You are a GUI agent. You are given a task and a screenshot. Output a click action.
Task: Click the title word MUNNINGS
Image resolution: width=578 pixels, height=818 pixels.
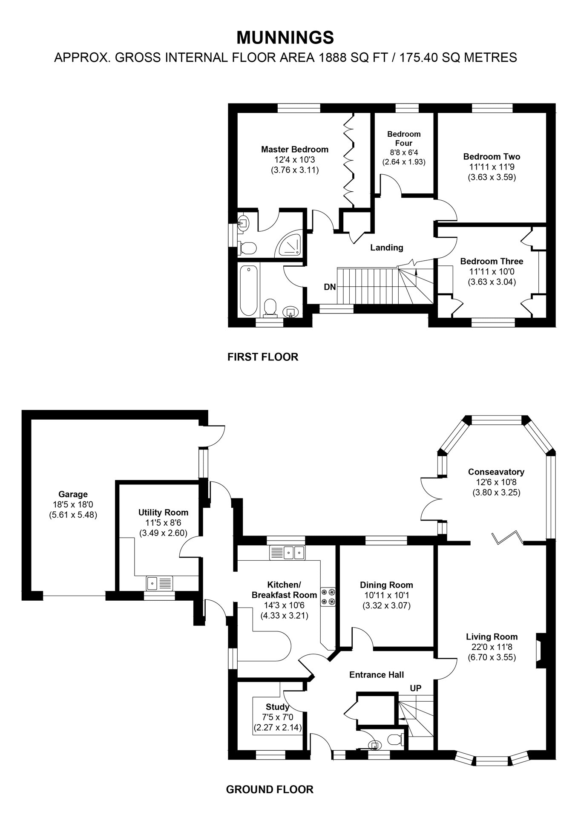click(285, 38)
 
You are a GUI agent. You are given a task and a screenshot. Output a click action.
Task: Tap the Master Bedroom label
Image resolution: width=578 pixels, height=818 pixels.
click(295, 150)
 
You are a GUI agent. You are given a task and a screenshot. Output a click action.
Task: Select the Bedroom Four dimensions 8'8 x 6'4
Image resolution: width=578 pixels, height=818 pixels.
click(404, 153)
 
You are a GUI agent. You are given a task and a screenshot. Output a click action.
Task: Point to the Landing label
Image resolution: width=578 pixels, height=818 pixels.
click(386, 248)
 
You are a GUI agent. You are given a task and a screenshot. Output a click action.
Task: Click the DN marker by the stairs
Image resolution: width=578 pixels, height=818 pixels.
click(330, 287)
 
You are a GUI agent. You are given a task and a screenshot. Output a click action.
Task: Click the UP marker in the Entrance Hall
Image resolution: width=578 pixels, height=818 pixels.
click(416, 688)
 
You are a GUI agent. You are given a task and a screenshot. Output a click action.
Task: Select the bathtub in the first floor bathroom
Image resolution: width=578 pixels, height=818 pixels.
click(248, 290)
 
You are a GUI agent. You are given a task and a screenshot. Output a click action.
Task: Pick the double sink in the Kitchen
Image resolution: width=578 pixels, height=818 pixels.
click(288, 553)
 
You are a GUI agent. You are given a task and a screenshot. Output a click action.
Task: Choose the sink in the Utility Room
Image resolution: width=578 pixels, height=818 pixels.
click(159, 582)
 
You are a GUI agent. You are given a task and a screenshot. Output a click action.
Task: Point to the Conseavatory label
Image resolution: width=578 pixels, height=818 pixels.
click(496, 472)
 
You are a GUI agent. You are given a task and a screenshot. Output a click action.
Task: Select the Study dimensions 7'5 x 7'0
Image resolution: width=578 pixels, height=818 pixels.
click(278, 717)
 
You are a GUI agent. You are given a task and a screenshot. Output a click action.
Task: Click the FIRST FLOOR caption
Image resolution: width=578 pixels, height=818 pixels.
click(263, 357)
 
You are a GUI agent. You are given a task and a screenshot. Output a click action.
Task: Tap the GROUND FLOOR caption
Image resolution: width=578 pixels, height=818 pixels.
click(270, 789)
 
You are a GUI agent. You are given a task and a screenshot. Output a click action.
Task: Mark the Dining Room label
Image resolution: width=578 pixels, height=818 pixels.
click(386, 585)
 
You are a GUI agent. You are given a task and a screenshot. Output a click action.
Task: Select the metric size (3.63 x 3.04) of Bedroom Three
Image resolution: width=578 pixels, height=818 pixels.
click(492, 282)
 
